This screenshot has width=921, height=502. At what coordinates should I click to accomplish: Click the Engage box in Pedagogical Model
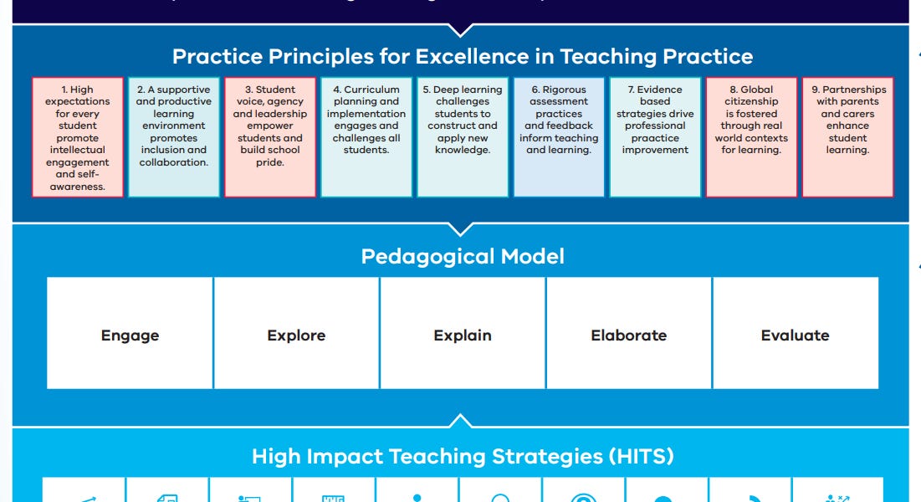[x=130, y=335]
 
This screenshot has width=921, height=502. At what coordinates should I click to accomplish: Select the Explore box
[x=296, y=335]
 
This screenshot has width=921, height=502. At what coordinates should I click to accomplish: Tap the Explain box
[x=463, y=335]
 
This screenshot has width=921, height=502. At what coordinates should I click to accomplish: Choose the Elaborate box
[x=629, y=335]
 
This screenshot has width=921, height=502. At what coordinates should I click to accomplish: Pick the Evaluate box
[x=795, y=335]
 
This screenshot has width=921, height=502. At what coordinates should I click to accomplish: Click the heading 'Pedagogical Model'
[x=463, y=256]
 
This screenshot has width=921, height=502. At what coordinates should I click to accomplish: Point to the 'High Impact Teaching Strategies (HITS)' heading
[x=463, y=457]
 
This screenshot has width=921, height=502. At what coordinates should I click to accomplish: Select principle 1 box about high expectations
[x=78, y=137]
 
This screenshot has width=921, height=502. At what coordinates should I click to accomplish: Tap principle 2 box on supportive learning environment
[x=174, y=137]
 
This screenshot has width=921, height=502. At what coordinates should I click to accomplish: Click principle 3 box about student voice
[x=270, y=137]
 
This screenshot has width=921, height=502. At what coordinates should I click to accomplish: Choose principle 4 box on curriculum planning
[x=366, y=137]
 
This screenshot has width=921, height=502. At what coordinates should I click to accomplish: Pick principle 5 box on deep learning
[x=463, y=137]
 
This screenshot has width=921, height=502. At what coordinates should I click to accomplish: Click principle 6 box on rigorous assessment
[x=559, y=137]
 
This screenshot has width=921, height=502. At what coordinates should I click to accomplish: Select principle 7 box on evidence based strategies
[x=655, y=137]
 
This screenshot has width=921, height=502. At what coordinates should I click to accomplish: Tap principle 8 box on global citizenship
[x=751, y=137]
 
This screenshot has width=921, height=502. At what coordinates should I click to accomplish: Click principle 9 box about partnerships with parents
[x=847, y=137]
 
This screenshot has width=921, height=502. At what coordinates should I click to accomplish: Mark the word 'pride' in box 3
[x=270, y=162]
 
